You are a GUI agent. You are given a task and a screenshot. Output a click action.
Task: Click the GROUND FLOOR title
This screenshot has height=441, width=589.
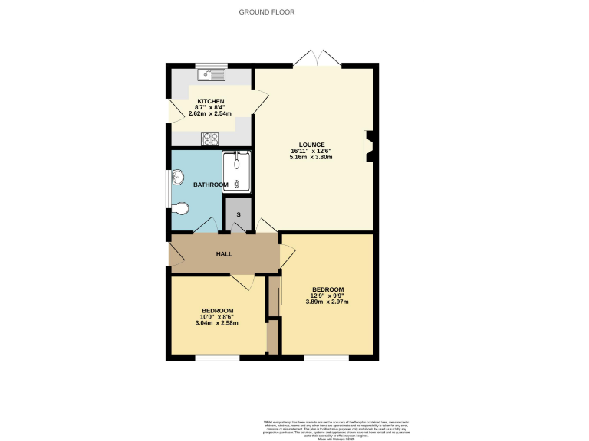point(267,11)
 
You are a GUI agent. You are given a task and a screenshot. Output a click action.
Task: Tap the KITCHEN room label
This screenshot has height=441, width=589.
point(210,102)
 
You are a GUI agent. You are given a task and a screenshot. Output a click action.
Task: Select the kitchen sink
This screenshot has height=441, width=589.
point(210,74)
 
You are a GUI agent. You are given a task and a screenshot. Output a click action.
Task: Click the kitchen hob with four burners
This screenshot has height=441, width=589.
point(210,139)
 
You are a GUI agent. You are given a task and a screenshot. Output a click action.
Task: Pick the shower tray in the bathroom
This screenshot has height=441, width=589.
point(237,171)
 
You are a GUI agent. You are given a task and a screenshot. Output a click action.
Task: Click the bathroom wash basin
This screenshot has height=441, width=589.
point(178,178)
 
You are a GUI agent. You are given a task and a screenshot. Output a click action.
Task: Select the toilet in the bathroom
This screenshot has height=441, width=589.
point(180,207)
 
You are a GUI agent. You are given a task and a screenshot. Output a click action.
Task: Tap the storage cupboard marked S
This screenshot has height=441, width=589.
point(239,215)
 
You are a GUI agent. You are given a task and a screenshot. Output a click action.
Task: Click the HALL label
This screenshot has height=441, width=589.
point(224,254)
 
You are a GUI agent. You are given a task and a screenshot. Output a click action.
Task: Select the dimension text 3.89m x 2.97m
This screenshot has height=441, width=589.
point(327,302)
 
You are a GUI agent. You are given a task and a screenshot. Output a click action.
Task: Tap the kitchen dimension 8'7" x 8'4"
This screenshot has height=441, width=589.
point(210,108)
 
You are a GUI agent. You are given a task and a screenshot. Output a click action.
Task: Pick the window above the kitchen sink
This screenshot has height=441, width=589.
point(210,64)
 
